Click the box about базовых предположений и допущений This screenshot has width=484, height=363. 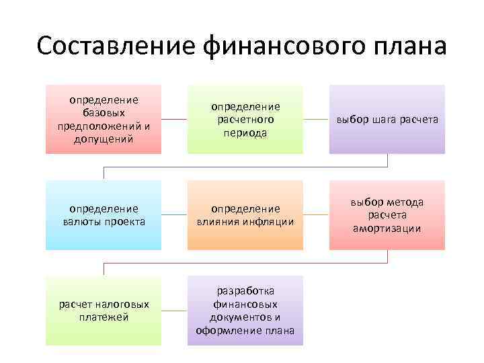tap(104, 120)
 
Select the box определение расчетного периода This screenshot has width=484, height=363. tap(245, 120)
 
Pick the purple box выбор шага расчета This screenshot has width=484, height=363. tap(387, 120)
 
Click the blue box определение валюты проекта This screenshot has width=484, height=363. tap(104, 215)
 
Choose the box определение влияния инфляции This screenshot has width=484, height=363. tap(245, 215)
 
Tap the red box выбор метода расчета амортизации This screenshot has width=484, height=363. tap(387, 215)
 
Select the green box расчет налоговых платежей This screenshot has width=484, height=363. tap(104, 311)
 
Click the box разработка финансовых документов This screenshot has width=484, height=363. tap(245, 311)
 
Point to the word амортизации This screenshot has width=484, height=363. tap(387, 229)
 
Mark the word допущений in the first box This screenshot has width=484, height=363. tap(104, 139)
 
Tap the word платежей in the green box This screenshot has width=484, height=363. tap(104, 317)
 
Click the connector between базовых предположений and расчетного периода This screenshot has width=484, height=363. tap(174, 120)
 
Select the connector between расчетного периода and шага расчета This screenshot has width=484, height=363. tap(316, 120)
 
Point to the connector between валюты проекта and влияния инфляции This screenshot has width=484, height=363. tap(174, 215)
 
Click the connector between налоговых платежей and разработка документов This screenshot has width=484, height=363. tap(174, 311)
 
